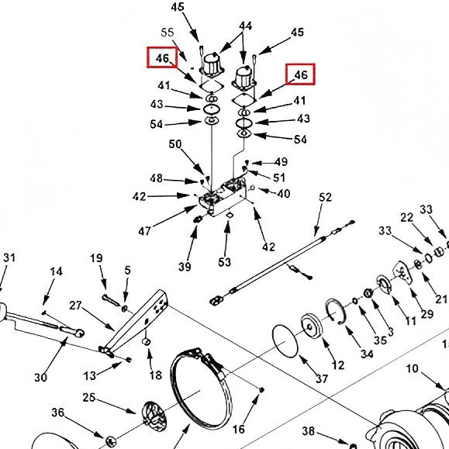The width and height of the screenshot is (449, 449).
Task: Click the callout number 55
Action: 167,33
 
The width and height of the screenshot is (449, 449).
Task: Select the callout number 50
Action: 175,144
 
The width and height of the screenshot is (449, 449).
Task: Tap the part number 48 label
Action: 157,178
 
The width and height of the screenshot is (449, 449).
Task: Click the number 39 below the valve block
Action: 184,267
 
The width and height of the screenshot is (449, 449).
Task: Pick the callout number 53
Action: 224,262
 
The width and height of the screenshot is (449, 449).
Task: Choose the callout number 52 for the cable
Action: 325,199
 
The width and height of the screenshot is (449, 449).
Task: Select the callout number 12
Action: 338,365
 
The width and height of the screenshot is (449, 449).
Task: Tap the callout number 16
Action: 238,429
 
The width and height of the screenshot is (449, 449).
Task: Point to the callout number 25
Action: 89,398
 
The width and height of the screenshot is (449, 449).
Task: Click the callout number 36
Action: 58,412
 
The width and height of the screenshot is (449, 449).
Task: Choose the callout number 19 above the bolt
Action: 97,258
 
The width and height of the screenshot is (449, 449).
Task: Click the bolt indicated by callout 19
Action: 108,301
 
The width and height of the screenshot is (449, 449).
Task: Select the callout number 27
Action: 75,305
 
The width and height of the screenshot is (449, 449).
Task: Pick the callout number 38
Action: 308,431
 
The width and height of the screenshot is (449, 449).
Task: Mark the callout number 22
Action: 407,219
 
